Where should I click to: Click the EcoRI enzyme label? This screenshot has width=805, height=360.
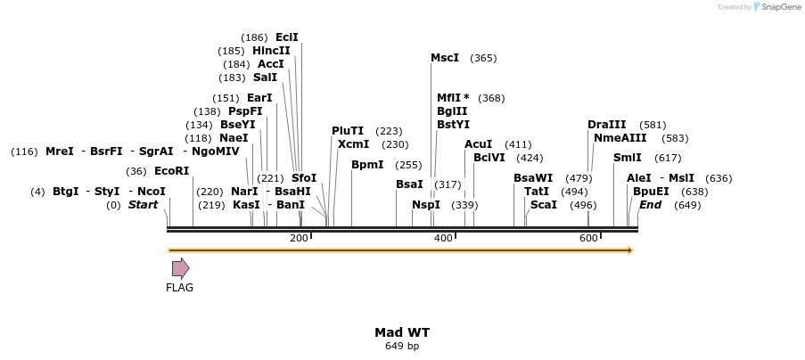[x=172, y=171]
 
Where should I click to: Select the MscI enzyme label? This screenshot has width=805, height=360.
[x=445, y=58]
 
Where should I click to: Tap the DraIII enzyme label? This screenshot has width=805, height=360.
[x=606, y=125]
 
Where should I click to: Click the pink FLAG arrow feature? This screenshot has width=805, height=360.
[x=180, y=268]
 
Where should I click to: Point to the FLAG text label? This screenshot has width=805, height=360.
[x=179, y=288]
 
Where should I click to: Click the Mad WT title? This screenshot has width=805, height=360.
[x=402, y=332]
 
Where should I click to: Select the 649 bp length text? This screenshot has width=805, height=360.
[x=402, y=346]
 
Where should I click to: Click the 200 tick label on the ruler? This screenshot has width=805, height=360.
[x=299, y=238]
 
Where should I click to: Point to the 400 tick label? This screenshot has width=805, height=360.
[x=443, y=238]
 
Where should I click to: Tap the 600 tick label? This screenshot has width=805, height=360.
[x=588, y=238]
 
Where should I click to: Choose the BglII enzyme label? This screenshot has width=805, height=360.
[x=451, y=111]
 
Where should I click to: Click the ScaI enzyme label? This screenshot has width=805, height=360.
[x=543, y=205]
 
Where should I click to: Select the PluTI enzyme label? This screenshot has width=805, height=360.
[x=348, y=131]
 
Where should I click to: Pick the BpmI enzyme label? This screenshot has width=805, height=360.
[x=367, y=165]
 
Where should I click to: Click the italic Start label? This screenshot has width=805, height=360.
[x=143, y=205]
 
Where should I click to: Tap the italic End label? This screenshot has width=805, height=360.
[x=650, y=205]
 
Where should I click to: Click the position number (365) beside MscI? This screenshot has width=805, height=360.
[x=483, y=58]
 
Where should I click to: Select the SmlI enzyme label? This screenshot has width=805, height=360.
[x=627, y=158]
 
